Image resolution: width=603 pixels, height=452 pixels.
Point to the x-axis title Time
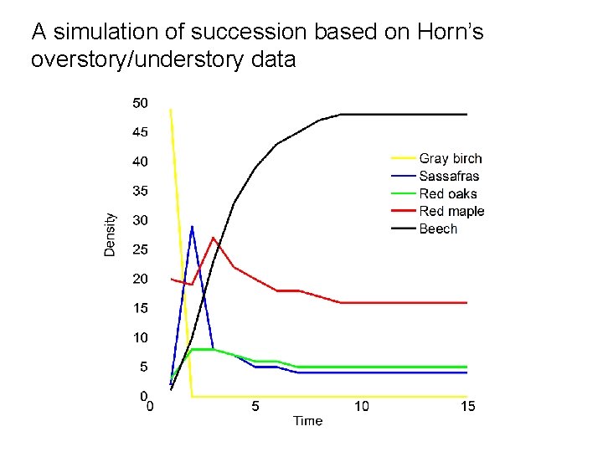(307, 420)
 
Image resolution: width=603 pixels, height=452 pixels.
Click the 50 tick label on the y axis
(140, 103)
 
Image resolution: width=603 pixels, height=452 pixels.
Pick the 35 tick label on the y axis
(140, 191)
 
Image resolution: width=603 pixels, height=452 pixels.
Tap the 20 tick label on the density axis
(140, 279)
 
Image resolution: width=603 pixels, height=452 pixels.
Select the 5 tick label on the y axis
(143, 367)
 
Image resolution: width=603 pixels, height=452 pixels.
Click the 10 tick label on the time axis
(361, 407)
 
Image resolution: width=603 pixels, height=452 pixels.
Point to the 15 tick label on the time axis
(467, 407)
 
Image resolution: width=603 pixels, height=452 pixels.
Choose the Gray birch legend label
(451, 158)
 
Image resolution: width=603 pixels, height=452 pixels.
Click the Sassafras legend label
(449, 176)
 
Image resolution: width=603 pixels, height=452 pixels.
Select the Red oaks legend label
(448, 193)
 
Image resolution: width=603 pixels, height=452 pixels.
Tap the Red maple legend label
(451, 211)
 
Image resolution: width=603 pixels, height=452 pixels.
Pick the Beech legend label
(438, 229)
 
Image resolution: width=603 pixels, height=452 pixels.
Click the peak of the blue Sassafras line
(192, 226)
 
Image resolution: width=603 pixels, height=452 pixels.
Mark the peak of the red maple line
(214, 239)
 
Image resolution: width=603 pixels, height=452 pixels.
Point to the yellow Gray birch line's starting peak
(171, 110)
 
